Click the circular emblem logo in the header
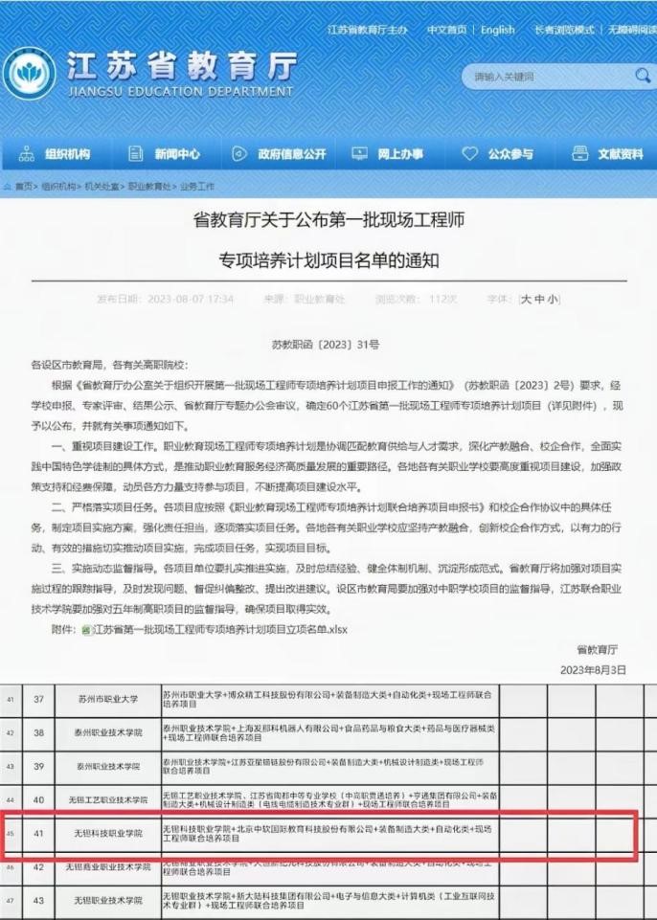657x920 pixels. click(x=29, y=74)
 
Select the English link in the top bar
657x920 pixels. click(x=497, y=30)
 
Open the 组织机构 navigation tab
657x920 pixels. click(x=56, y=153)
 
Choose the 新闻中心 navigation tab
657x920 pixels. click(x=165, y=153)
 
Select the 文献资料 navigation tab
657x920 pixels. click(x=608, y=153)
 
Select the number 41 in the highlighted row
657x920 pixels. click(x=39, y=833)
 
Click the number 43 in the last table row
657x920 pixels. click(x=39, y=902)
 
